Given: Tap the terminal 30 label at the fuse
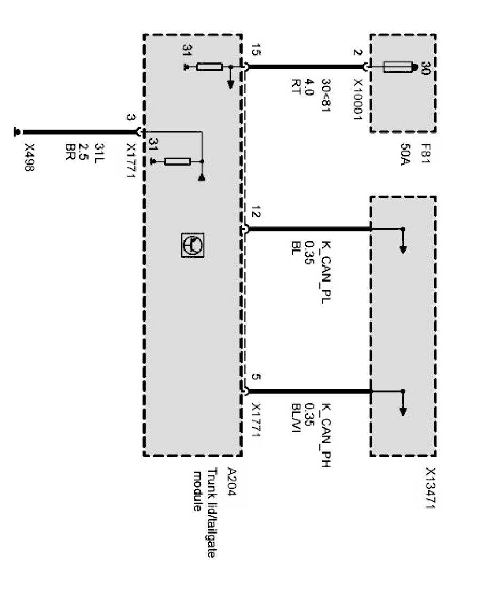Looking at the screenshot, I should (x=425, y=68).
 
